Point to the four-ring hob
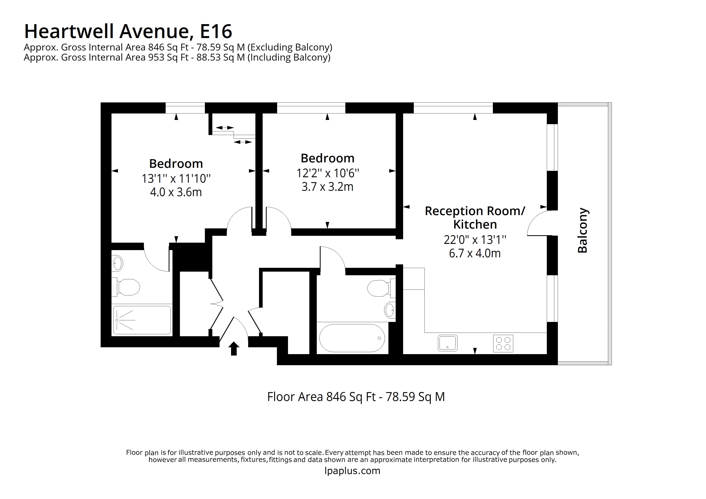[503, 343]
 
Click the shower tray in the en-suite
[142, 320]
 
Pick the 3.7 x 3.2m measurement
[327, 187]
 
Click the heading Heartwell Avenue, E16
[128, 31]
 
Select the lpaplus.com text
[352, 471]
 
